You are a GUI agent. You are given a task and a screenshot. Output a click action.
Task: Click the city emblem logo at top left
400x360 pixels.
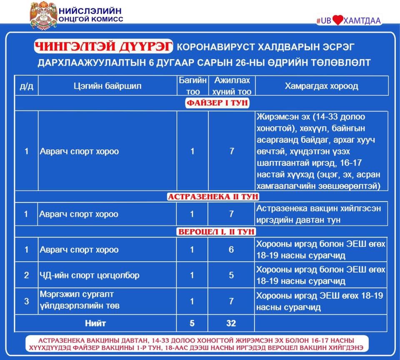click(43, 15)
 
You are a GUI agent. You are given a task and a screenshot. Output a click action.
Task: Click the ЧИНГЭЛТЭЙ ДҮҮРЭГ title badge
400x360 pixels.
click(103, 47)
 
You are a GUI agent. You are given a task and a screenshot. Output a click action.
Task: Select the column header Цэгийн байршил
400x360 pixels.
click(107, 86)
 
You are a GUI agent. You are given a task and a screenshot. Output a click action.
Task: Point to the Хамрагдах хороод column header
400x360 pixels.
click(321, 86)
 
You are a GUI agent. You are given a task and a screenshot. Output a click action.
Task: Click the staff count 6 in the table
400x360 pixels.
click(232, 250)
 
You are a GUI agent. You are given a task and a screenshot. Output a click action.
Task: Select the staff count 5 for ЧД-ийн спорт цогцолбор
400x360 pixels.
click(232, 275)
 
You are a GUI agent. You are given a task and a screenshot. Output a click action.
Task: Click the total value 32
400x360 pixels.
click(231, 323)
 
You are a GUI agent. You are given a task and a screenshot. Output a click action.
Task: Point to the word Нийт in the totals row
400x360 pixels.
click(96, 323)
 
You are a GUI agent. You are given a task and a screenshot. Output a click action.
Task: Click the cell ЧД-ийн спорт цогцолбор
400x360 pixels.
click(90, 275)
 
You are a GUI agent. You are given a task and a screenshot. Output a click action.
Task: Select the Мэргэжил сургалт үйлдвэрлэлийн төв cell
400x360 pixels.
click(80, 301)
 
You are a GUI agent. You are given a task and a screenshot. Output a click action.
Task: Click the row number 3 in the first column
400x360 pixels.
click(27, 301)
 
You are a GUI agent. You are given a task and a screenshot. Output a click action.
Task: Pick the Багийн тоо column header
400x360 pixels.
click(192, 86)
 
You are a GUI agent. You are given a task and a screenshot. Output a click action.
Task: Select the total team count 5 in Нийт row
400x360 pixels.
click(192, 323)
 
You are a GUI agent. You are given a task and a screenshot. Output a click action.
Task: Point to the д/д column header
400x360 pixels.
click(27, 86)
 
